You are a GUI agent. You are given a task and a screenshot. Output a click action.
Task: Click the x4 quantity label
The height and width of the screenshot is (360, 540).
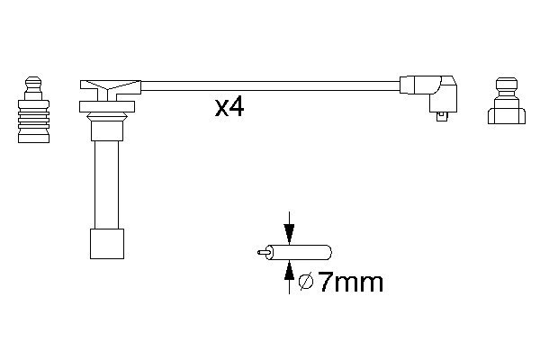[x=229, y=107]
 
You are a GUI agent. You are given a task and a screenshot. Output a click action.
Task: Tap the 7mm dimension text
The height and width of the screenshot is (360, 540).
[x=350, y=283]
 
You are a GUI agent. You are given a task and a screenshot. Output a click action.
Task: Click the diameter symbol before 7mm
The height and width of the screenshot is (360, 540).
[x=306, y=283]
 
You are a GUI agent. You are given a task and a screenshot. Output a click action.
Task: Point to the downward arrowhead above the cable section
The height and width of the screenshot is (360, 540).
[x=289, y=234]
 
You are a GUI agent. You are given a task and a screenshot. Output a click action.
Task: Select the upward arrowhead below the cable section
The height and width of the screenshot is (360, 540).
[x=289, y=269]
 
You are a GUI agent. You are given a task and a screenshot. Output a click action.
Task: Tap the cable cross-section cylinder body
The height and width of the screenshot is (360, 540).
[x=301, y=253]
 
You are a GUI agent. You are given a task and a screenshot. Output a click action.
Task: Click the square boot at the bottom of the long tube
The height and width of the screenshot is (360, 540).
[x=107, y=244]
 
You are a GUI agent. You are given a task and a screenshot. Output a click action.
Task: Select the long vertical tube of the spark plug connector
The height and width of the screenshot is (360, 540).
[x=107, y=184]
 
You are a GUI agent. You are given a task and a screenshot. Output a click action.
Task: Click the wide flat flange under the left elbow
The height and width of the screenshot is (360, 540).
[x=107, y=107]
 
